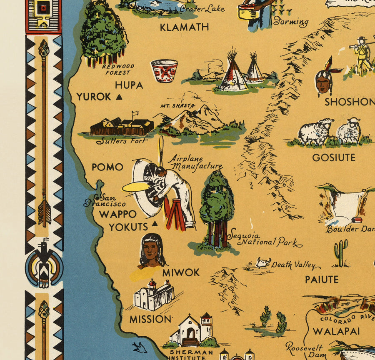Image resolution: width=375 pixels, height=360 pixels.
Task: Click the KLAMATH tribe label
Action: tap(184, 27)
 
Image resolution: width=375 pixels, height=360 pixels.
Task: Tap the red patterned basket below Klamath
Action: tap(164, 71)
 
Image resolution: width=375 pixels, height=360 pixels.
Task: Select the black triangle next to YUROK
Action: tap(120, 97)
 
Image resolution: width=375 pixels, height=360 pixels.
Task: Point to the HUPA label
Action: tap(129, 85)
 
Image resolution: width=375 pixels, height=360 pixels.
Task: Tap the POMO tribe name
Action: tap(107, 167)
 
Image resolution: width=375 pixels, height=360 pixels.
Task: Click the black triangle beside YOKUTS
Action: tap(155, 224)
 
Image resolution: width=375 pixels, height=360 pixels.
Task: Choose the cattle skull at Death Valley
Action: tap(263, 263)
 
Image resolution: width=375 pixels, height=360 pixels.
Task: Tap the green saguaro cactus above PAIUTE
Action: tap(340, 251)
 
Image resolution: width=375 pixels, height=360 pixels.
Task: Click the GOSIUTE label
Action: tap(334, 157)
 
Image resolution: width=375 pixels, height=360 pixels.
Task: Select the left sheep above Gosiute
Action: tap(316, 131)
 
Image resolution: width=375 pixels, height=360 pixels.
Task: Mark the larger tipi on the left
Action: tap(232, 73)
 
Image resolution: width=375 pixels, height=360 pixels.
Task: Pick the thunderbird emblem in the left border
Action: tap(44, 263)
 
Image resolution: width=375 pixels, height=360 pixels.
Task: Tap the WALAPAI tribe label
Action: tap(330, 332)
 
